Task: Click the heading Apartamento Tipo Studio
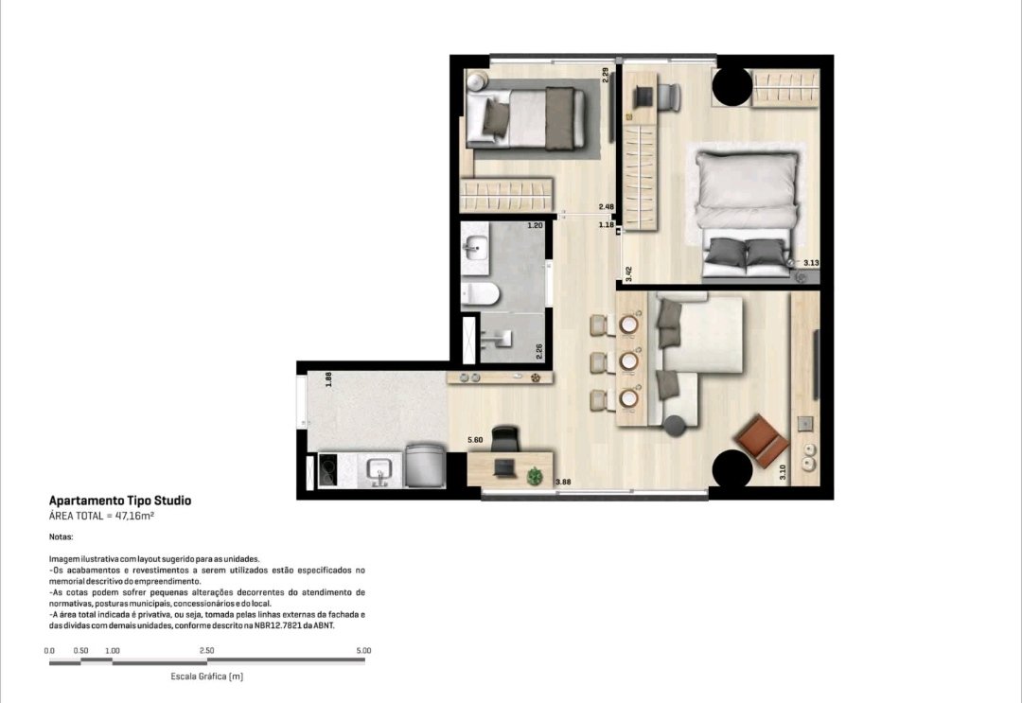tap(120, 501)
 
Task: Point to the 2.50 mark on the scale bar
tap(206, 650)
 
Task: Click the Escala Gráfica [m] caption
tap(206, 677)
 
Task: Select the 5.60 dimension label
tap(475, 440)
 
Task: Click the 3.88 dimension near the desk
tap(563, 483)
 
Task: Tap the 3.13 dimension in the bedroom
tap(811, 263)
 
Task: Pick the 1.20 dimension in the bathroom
tap(535, 225)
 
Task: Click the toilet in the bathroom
tap(480, 294)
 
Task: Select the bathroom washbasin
tap(474, 246)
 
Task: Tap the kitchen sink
tap(378, 469)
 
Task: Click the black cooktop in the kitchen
tap(327, 470)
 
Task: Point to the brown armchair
tap(760, 440)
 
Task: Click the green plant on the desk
tap(535, 476)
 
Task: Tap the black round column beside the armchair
tap(732, 467)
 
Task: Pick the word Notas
tap(61, 537)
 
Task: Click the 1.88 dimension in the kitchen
tap(329, 379)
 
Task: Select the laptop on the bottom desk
tap(503, 467)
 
